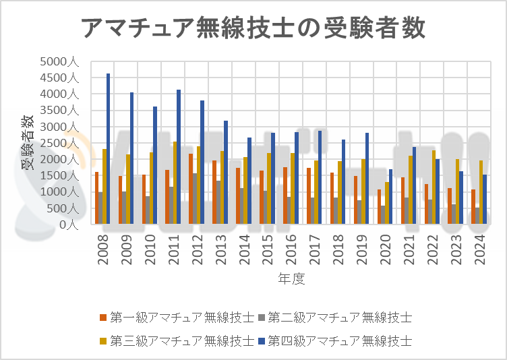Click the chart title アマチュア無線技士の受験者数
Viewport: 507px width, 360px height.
(x=253, y=29)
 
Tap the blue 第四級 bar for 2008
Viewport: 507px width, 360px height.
(x=109, y=148)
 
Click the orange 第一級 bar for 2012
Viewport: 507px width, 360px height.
(x=191, y=189)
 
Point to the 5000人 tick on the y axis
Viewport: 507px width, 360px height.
(x=60, y=61)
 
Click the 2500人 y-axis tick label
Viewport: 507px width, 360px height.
(x=60, y=143)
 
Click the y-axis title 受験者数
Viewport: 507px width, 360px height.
(x=28, y=143)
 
